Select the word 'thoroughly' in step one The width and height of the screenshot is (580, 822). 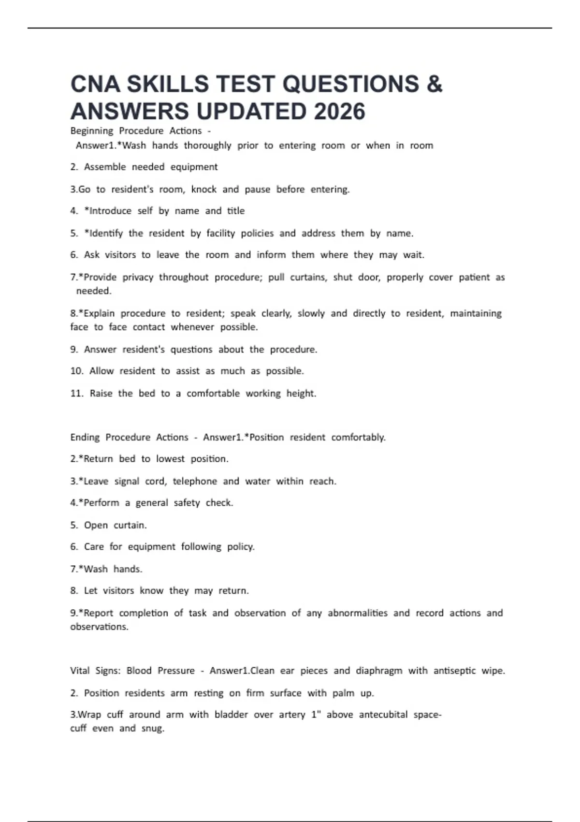pyautogui.click(x=207, y=146)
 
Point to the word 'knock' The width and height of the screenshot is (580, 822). pyautogui.click(x=203, y=189)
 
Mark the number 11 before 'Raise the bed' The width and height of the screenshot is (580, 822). pyautogui.click(x=76, y=394)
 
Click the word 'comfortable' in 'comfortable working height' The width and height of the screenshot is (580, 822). pyautogui.click(x=213, y=394)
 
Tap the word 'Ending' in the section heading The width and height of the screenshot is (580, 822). pyautogui.click(x=85, y=438)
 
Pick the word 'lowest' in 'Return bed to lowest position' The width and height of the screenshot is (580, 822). pyautogui.click(x=170, y=459)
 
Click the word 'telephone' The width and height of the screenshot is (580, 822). pyautogui.click(x=195, y=481)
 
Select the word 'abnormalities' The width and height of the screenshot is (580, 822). pyautogui.click(x=358, y=613)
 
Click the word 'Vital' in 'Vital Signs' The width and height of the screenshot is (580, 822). pyautogui.click(x=80, y=671)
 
